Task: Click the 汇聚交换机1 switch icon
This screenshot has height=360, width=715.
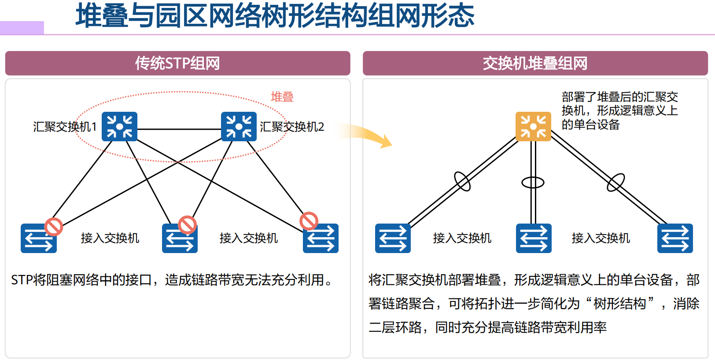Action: pos(119,127)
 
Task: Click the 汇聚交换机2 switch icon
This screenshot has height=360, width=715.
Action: pos(239,127)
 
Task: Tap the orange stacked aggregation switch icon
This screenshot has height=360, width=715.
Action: pos(533,127)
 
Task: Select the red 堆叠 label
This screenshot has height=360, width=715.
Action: pos(282,97)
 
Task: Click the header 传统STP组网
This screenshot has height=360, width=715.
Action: pos(177,63)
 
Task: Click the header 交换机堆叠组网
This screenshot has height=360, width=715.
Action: pos(535,63)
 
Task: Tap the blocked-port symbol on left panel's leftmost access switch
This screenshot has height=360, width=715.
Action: pos(54,227)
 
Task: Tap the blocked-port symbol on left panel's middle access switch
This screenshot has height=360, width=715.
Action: pos(187,224)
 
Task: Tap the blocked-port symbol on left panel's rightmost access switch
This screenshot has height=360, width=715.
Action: pos(309,221)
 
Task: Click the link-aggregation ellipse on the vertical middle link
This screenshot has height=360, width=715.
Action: pos(533,182)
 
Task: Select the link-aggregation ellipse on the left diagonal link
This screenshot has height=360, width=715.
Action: pos(462,181)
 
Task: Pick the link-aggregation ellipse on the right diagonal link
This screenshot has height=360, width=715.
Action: pos(615,182)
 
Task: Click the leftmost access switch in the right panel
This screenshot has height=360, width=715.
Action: pos(393,239)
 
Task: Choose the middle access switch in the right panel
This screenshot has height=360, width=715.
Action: pos(534,239)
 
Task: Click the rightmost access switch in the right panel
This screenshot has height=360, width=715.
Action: pos(675,239)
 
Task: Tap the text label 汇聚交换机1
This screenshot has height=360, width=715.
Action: pos(65,127)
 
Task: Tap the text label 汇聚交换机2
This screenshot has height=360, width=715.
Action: pos(292,127)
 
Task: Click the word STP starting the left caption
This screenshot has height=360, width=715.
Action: pos(22,280)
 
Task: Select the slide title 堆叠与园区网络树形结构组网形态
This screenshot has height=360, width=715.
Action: pos(275,16)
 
